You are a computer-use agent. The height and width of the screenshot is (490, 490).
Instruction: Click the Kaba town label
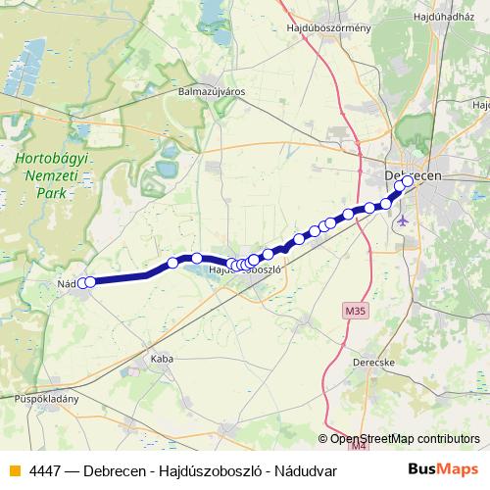[162, 360]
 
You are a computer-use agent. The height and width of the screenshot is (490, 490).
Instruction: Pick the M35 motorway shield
[357, 312]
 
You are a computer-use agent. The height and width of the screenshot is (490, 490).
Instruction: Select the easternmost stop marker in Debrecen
[408, 181]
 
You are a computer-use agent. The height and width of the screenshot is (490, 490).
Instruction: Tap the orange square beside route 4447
[14, 470]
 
